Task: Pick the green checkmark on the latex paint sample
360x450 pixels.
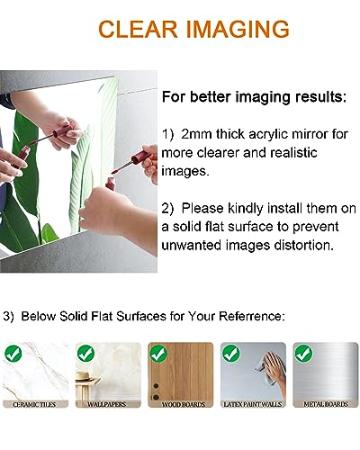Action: point(231,353)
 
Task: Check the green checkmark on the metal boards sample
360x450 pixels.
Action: point(303,353)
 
